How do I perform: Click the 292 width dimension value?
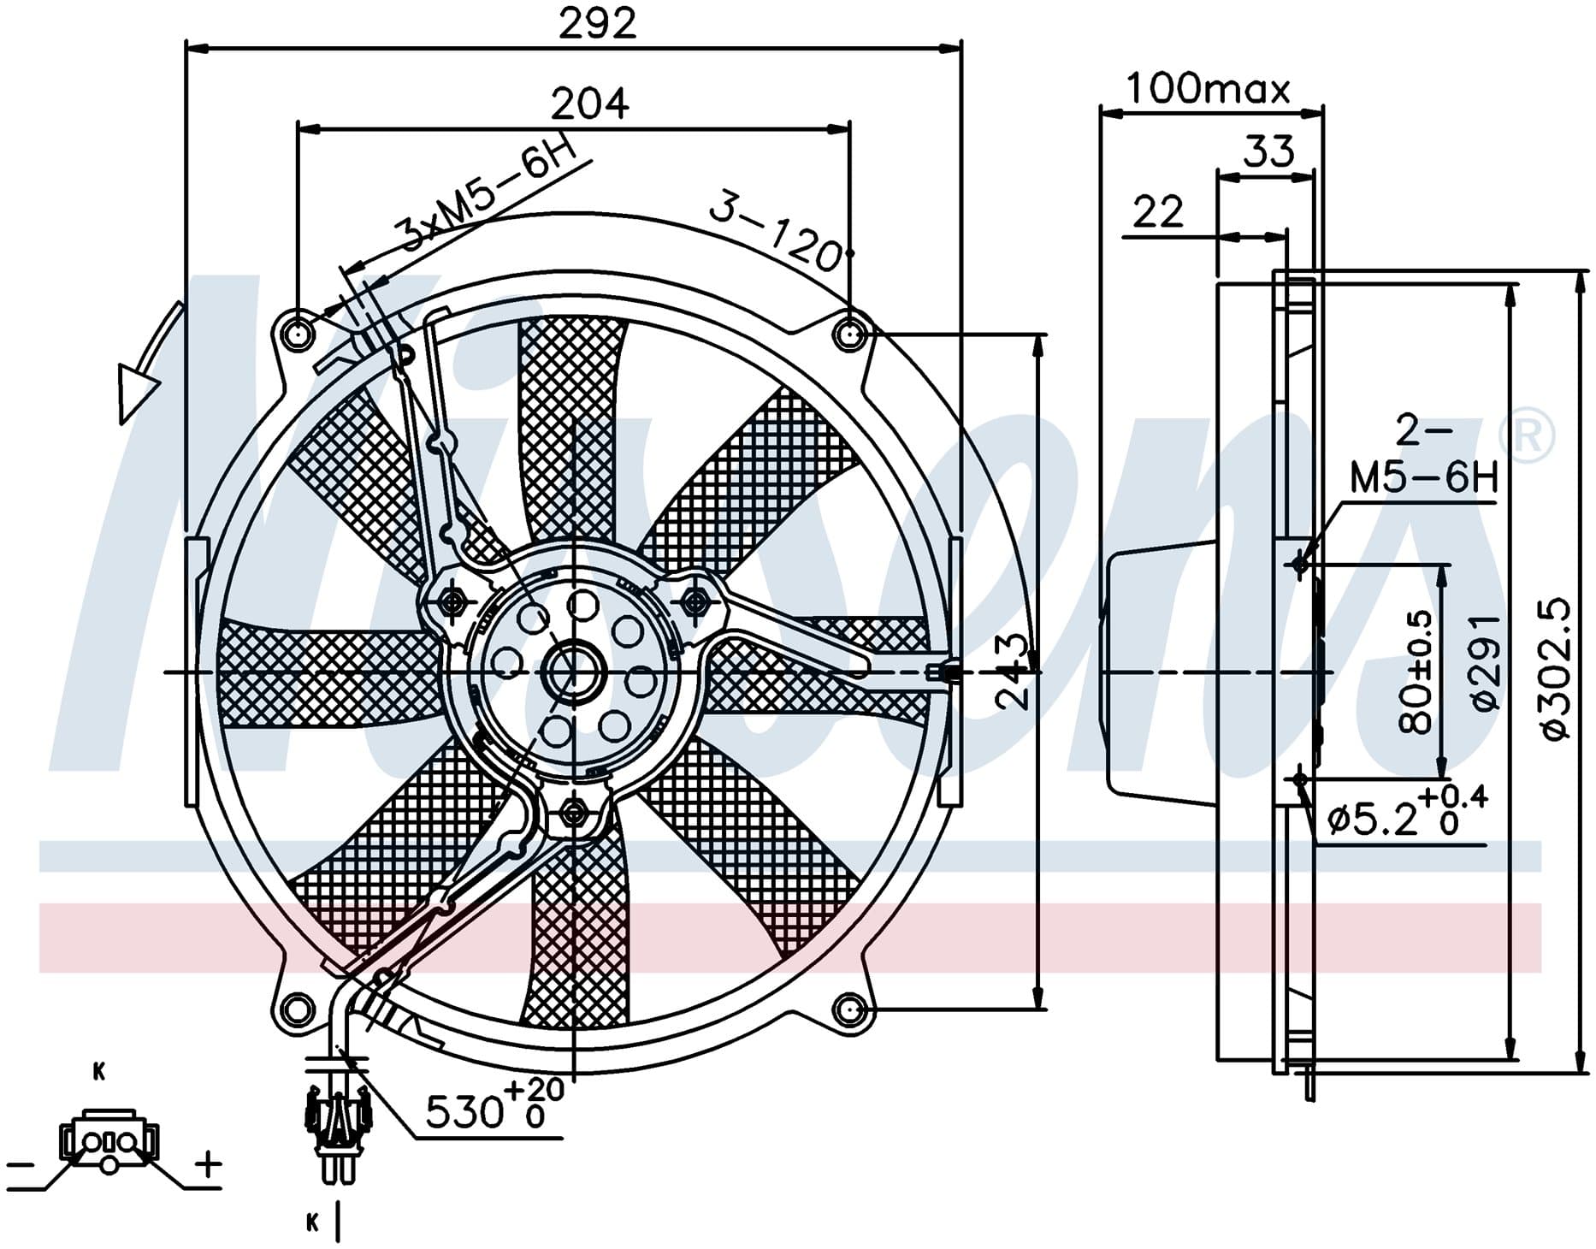point(598,23)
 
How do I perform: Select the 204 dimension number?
point(589,104)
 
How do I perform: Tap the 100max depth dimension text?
point(1208,88)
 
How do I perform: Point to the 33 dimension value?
point(1268,151)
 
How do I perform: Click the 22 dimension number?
point(1158,211)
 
